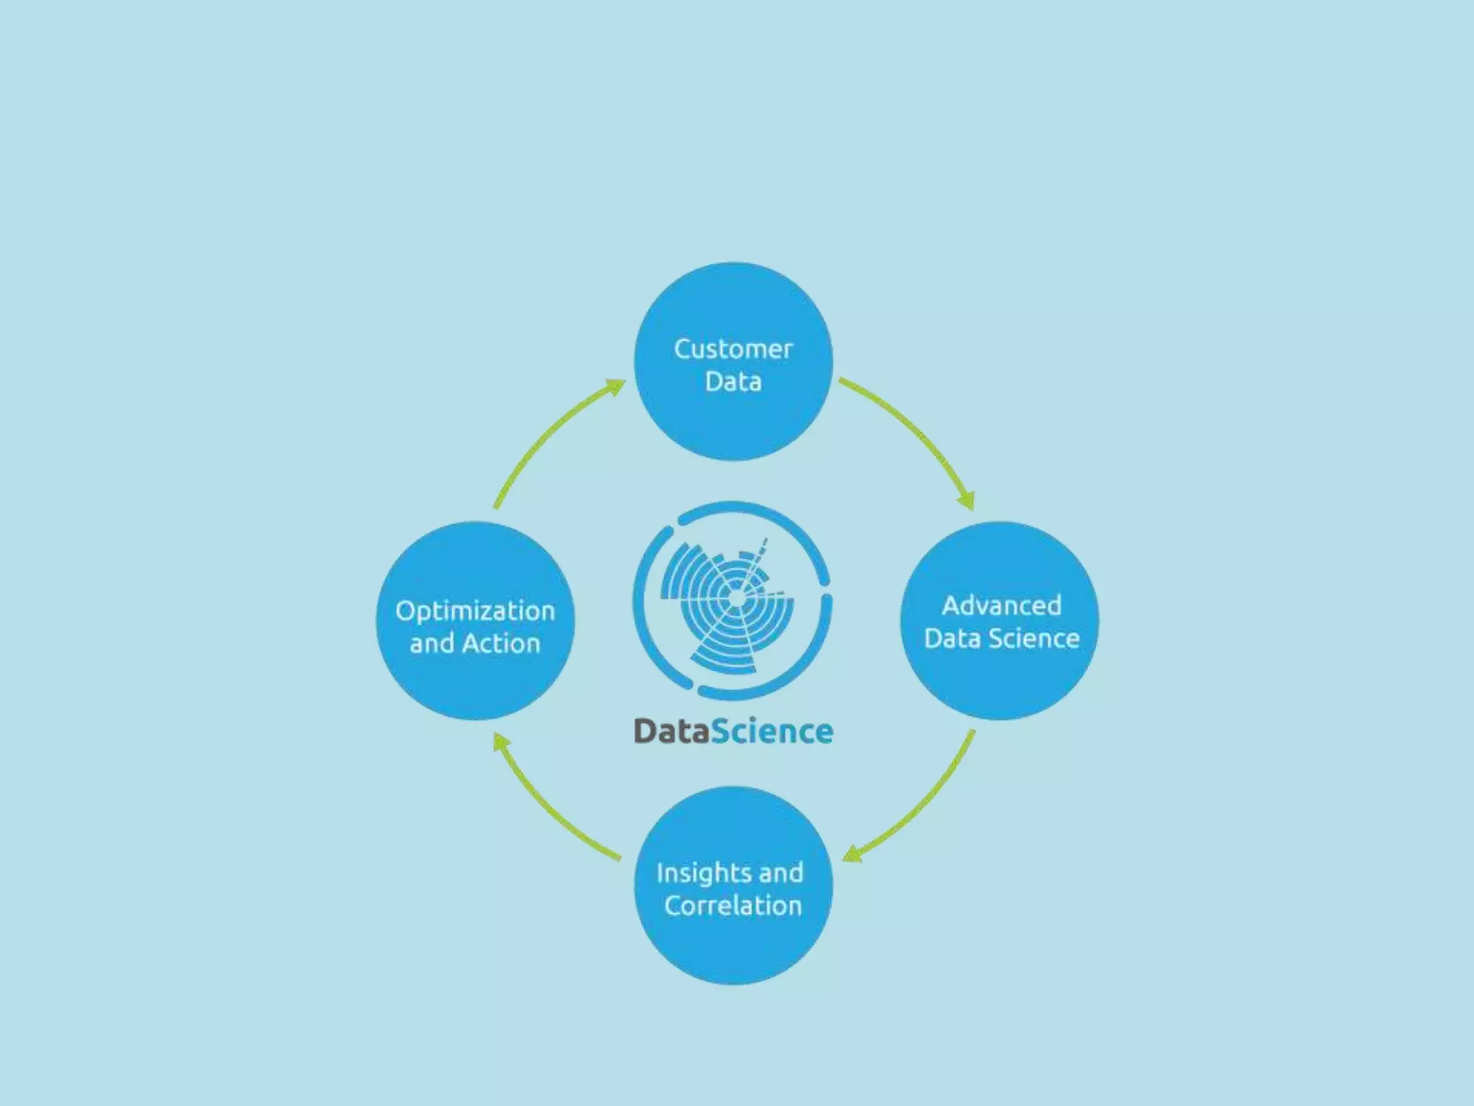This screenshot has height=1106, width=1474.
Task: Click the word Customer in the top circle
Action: pos(733,349)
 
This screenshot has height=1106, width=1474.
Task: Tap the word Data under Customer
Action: pos(733,382)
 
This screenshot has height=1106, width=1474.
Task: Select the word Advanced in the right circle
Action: pos(1001,606)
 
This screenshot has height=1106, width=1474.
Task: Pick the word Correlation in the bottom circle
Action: pos(733,906)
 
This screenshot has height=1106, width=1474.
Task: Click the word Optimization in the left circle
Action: pos(475,611)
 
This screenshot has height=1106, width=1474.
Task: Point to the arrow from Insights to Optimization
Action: pos(547,806)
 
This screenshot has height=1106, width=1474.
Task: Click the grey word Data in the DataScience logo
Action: pos(671,732)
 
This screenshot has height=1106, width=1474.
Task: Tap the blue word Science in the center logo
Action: pos(772,732)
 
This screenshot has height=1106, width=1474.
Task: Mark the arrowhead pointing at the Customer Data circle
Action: pos(615,387)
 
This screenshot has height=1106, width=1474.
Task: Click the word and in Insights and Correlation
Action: pos(780,873)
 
